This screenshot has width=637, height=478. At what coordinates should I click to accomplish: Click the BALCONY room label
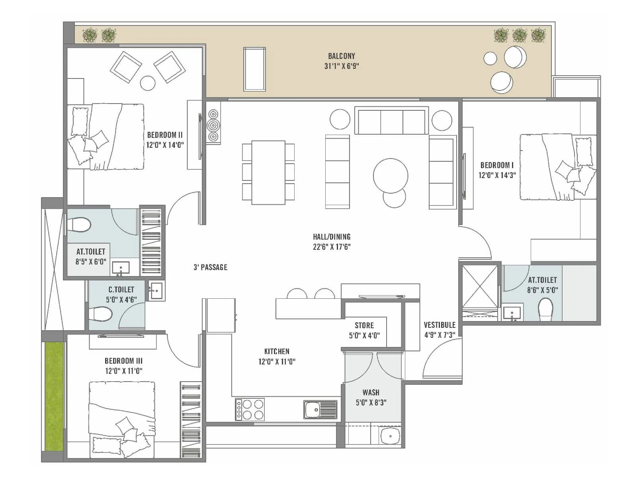click(x=341, y=56)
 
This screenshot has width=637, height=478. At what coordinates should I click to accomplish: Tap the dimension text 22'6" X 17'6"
click(x=331, y=247)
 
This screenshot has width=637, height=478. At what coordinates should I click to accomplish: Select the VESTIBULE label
click(x=439, y=325)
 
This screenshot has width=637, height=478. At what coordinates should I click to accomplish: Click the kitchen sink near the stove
click(x=320, y=409)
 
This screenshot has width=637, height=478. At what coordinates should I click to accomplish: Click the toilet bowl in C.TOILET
click(x=100, y=314)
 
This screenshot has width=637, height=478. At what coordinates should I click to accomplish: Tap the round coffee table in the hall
click(x=391, y=176)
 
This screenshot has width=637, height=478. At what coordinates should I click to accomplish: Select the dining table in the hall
click(x=268, y=172)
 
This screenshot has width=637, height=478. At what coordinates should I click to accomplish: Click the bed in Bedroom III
click(x=121, y=418)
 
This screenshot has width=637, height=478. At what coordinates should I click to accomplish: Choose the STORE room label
click(x=364, y=325)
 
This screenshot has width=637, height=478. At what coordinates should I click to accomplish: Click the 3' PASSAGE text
click(x=210, y=267)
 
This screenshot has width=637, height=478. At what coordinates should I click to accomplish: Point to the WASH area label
click(x=371, y=392)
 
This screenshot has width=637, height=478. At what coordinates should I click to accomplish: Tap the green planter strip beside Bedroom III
click(x=54, y=396)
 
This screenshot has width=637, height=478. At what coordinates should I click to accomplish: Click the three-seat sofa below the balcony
click(x=391, y=121)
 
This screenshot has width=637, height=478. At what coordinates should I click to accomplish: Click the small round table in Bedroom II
click(x=148, y=83)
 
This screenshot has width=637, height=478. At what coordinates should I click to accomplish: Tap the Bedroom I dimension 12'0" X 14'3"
click(x=497, y=175)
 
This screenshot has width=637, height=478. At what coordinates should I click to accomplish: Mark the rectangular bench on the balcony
click(x=255, y=69)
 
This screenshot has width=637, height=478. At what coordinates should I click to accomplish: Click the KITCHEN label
click(x=277, y=351)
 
